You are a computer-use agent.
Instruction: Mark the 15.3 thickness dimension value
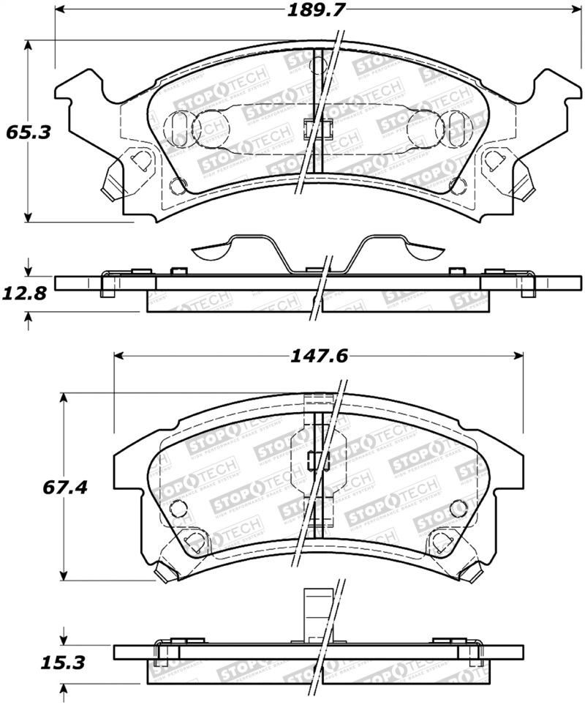point(64,663)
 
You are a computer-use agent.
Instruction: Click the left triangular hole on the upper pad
point(139,160)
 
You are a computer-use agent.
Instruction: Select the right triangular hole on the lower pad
point(441,542)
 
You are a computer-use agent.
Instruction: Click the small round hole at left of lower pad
point(175,506)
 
